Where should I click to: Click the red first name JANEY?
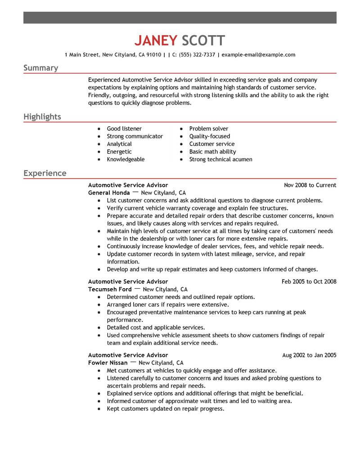(x=156, y=41)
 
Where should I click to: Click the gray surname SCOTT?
(x=202, y=41)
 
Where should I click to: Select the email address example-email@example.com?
(x=259, y=55)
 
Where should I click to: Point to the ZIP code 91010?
(x=153, y=55)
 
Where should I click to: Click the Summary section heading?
(x=40, y=68)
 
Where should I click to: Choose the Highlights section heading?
(x=42, y=117)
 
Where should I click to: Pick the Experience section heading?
(x=45, y=173)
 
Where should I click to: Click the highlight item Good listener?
(x=124, y=129)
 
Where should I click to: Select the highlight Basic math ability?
(x=212, y=152)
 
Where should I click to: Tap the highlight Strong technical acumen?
(x=220, y=159)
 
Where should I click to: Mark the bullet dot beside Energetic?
(x=99, y=152)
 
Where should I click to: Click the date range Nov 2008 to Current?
(x=310, y=185)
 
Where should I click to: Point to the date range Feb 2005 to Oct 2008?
(x=309, y=281)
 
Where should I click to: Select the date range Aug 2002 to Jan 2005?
(x=309, y=355)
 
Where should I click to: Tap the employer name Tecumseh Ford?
(x=110, y=289)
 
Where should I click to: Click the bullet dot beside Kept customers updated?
(x=99, y=409)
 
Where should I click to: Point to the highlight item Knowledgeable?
(x=126, y=159)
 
